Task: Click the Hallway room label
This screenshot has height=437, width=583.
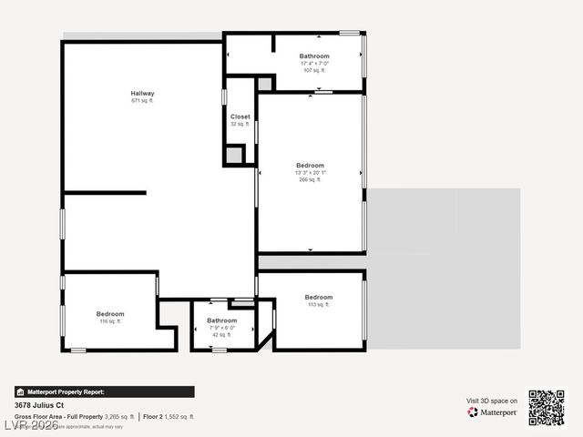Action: tap(142, 93)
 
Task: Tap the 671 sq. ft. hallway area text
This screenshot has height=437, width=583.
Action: tap(142, 100)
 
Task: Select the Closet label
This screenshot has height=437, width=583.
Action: tap(240, 117)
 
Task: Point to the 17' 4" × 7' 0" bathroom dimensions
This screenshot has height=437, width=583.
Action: tap(314, 63)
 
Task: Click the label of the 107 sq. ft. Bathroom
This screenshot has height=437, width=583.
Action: tap(314, 56)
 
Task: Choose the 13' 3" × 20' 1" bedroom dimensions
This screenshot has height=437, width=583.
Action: tap(310, 173)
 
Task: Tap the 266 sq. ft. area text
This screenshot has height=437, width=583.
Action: tap(310, 180)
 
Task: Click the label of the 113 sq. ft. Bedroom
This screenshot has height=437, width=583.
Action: tap(319, 298)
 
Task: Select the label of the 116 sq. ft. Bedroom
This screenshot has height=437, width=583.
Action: tap(110, 314)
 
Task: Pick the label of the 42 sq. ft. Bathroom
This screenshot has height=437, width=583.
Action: tap(221, 320)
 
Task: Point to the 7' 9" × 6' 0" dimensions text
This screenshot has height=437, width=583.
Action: tap(221, 328)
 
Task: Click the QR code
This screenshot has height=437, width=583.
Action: tap(547, 407)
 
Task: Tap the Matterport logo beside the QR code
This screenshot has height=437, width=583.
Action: tap(493, 412)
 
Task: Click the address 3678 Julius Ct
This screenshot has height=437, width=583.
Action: tap(39, 404)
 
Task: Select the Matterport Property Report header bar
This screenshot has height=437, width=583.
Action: tap(104, 391)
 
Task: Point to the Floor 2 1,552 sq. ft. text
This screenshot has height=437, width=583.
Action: tap(169, 416)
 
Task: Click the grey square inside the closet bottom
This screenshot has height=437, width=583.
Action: tap(234, 156)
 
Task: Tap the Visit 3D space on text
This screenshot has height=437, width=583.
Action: tap(492, 401)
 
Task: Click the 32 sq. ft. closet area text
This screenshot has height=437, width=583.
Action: tap(240, 124)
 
